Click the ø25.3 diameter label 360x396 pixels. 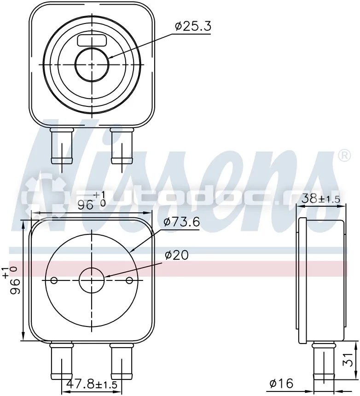click(x=193, y=26)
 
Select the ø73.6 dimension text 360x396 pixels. click(x=181, y=222)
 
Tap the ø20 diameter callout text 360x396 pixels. click(x=177, y=255)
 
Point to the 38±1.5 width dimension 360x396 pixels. click(x=321, y=199)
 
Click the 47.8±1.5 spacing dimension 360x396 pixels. click(x=92, y=384)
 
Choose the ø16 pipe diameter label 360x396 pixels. click(x=281, y=384)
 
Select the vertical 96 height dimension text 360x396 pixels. click(x=11, y=280)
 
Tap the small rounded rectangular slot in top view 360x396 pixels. click(x=92, y=41)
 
